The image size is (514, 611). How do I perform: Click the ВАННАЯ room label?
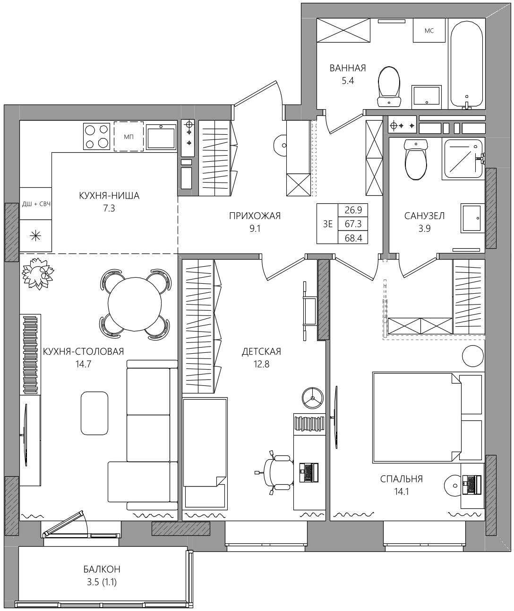tap(348, 68)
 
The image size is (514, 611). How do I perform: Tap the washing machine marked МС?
tap(429, 30)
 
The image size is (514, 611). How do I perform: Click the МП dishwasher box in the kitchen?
tap(128, 136)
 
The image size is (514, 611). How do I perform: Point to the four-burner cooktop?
tap(96, 136)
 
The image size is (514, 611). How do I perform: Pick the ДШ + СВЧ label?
tap(36, 204)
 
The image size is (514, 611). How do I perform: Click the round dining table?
tap(135, 304)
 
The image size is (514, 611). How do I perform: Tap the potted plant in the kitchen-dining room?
tap(38, 273)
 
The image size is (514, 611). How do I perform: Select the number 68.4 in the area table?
tap(353, 238)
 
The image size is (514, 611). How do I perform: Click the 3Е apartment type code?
tap(328, 224)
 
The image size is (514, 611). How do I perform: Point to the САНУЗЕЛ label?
tap(424, 216)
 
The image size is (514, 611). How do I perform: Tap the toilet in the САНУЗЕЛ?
tap(416, 159)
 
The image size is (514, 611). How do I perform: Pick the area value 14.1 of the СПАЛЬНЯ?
tap(401, 492)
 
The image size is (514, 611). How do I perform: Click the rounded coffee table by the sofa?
tap(94, 413)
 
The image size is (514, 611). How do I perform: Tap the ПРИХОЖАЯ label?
tap(255, 216)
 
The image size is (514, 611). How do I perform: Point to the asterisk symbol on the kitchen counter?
tap(36, 236)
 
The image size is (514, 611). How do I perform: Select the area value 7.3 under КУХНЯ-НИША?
tap(109, 209)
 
